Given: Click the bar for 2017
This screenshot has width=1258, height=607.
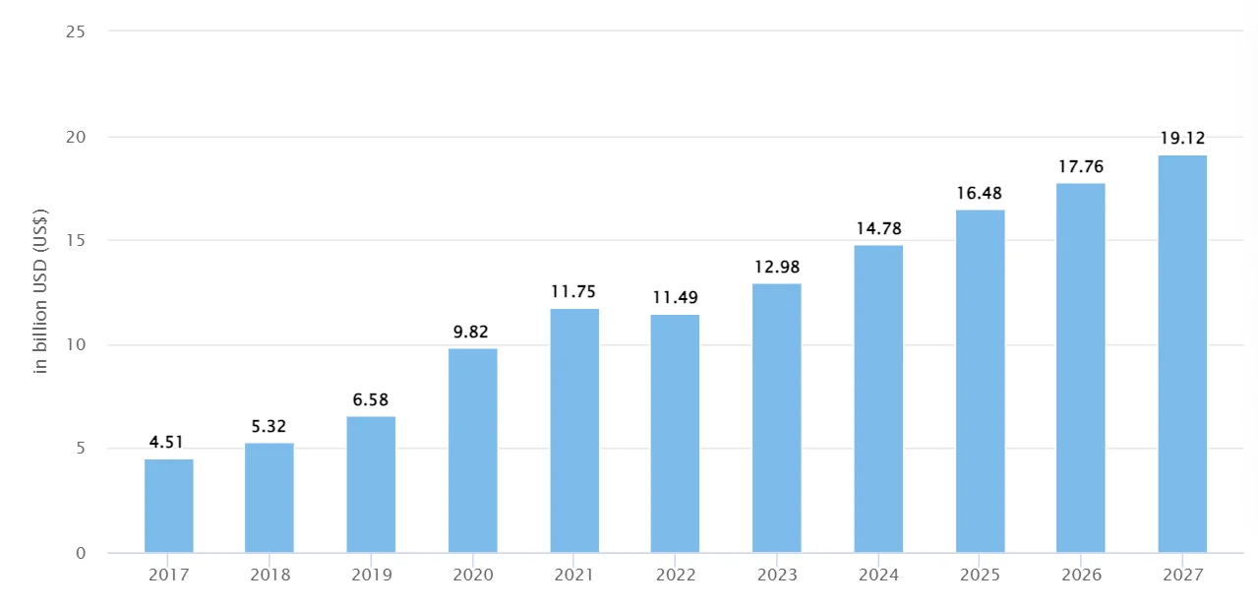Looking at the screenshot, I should coord(168,506).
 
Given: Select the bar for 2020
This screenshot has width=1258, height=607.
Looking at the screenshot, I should coord(472,451).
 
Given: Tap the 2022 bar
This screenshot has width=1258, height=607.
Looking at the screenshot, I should coord(675,434).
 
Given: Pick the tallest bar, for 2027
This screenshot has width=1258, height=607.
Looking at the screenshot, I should coord(1181,354).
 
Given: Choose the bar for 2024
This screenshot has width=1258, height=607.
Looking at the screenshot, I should coord(878,398).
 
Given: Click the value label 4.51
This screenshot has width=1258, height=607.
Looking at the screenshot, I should coord(166,442).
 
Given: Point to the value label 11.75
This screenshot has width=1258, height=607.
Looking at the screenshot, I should coord(573,291).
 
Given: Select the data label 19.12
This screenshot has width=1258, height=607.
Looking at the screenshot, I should coord(1181,138).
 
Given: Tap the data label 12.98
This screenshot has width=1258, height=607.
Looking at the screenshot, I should coord(776,267).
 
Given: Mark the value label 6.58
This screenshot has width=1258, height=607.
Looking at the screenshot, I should coord(371,399).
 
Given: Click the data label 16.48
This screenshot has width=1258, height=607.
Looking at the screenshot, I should coord(980,193).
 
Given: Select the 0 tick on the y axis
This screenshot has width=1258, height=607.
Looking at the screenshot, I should coord(81,553).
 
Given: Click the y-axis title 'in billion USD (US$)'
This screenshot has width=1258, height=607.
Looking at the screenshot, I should coord(41,291).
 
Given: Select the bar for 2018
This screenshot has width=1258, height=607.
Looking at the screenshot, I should coord(270,498).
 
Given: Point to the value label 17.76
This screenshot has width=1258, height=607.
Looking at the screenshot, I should coord(1080,166).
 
